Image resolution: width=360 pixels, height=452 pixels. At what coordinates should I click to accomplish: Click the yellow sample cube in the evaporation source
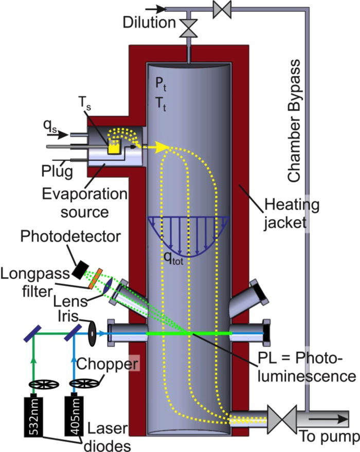point(113,146)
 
